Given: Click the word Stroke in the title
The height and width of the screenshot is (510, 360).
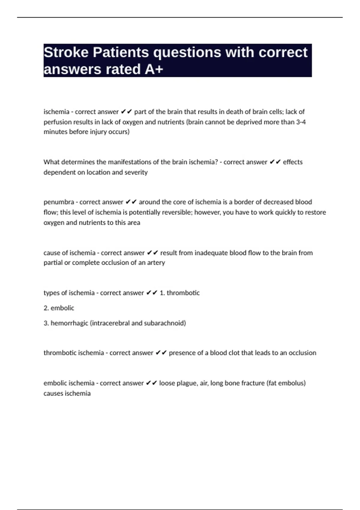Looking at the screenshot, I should click(66, 52).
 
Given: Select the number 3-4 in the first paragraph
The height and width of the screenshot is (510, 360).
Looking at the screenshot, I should click(301, 122).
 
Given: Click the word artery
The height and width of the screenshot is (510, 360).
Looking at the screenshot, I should click(156, 262).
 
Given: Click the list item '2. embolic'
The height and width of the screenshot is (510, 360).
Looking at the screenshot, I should click(59, 308).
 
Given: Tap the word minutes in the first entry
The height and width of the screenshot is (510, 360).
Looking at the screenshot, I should click(55, 132).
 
